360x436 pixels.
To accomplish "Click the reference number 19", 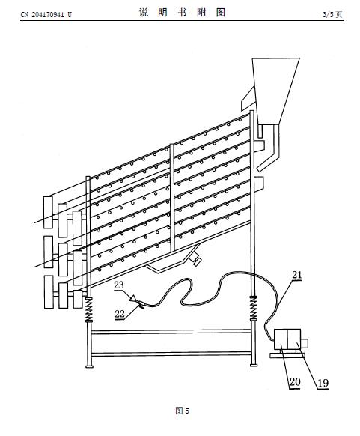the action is click(323, 383).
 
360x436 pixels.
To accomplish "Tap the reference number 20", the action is click(295, 381).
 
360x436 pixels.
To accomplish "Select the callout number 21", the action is click(296, 275).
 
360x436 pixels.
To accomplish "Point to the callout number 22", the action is click(120, 314).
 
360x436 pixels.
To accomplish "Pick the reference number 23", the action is click(119, 285).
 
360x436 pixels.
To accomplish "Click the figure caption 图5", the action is click(182, 411).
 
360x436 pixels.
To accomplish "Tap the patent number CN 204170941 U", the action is click(46, 15).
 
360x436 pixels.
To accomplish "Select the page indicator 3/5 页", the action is click(332, 14).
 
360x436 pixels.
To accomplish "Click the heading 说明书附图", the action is click(182, 13).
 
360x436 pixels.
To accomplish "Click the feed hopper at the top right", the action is click(275, 91).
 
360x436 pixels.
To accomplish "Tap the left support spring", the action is click(89, 309).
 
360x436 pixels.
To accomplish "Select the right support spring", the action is click(253, 309).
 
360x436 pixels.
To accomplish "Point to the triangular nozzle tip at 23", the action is click(133, 299).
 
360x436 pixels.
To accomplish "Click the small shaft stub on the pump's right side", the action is click(305, 343).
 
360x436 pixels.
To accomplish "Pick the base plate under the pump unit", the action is click(287, 355).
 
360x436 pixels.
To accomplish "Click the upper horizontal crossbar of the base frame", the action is click(171, 332).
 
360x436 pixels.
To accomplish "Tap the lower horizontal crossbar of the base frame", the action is click(171, 354).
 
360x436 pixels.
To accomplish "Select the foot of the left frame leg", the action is click(89, 366).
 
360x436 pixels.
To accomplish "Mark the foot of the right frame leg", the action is click(253, 365).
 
